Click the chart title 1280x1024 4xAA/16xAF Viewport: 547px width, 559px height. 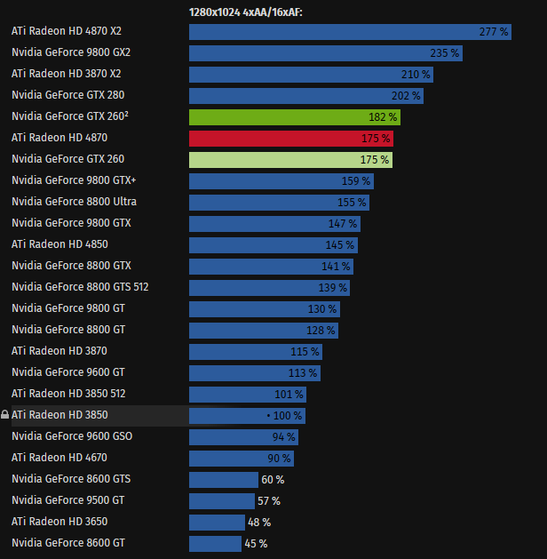point(246,12)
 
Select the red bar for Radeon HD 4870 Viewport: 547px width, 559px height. point(290,138)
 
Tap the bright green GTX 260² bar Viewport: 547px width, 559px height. point(294,116)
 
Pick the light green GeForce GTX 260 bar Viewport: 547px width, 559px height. point(290,159)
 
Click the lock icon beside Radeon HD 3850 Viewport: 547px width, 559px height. point(5,415)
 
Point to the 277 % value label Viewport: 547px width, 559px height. point(493,31)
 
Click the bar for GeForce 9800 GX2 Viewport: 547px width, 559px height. point(325,52)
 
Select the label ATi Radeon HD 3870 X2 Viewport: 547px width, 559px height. point(67,74)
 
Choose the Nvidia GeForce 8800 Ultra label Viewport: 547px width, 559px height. point(74,202)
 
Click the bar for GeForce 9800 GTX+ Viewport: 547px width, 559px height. point(281,180)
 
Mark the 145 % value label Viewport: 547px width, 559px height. point(339,244)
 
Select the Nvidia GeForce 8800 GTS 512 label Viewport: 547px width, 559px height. point(80,287)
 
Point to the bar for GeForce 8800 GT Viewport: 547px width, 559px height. point(263,330)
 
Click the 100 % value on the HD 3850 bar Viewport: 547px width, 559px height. point(287,415)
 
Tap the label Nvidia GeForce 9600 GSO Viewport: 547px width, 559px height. point(72,436)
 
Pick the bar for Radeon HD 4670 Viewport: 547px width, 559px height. point(241,458)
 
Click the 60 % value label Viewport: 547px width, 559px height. point(273,479)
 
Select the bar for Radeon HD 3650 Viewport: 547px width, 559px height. point(217,522)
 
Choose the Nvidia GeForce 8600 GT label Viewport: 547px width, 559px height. point(68,543)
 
